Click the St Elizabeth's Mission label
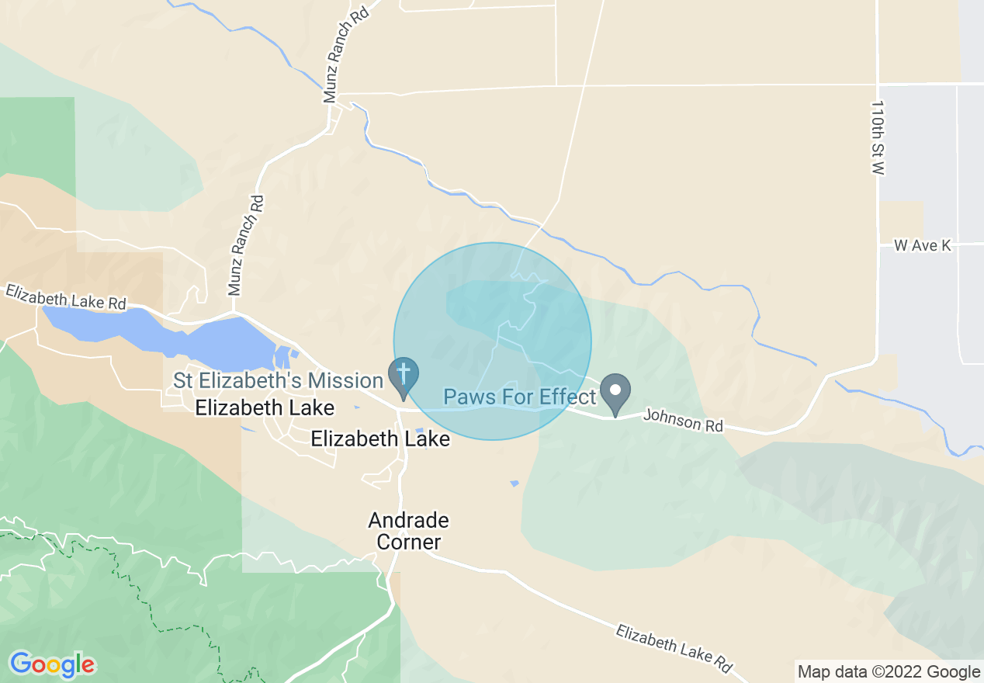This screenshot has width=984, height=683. (278, 381)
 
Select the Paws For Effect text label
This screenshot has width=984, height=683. (519, 397)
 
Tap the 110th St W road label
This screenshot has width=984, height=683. (878, 137)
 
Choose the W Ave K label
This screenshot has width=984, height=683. (922, 245)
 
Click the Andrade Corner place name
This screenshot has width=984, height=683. (409, 531)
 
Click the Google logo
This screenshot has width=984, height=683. (52, 664)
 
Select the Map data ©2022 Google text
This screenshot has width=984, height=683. (889, 672)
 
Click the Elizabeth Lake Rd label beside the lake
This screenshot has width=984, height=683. (66, 297)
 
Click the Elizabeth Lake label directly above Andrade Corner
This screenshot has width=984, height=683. (380, 439)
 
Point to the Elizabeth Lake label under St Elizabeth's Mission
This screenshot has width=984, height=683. (265, 407)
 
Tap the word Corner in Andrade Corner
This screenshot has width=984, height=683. (409, 543)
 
